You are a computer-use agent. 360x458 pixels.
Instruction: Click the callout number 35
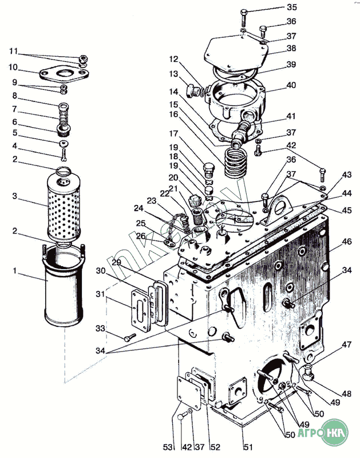click(292, 7)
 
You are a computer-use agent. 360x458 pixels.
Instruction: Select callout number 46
click(347, 243)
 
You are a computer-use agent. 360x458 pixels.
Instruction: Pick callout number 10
click(13, 67)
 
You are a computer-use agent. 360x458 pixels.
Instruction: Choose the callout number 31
click(101, 294)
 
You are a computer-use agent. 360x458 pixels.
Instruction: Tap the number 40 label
click(291, 85)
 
